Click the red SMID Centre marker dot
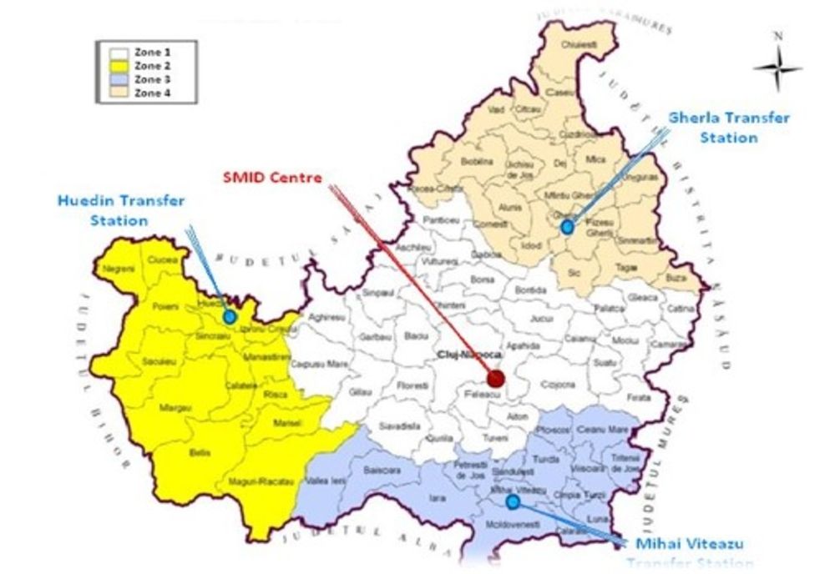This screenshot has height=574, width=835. (x=496, y=379)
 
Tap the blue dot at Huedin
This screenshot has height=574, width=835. (x=230, y=317)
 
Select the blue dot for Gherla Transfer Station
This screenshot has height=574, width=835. (x=568, y=226)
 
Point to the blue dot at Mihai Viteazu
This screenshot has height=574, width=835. (x=513, y=501)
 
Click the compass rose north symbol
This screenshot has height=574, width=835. (x=777, y=67)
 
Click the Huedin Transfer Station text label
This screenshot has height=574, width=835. (x=121, y=211)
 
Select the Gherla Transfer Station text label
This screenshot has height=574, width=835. (x=729, y=128)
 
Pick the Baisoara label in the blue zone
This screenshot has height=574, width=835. (x=382, y=471)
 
